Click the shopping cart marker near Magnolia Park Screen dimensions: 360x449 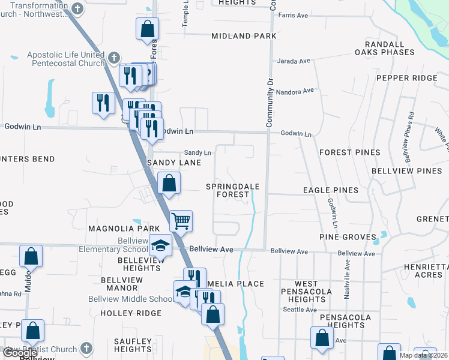[x=181, y=221]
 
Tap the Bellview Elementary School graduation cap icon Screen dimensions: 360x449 [x=161, y=245]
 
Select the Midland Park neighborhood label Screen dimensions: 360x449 [x=244, y=36]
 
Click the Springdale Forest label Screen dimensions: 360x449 [x=233, y=190]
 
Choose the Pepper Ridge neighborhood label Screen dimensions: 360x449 [x=407, y=78]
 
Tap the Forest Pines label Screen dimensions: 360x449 [x=350, y=152]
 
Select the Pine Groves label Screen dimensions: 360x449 [x=348, y=237]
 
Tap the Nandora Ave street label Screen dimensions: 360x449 [x=295, y=91]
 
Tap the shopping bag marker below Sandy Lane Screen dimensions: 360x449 [x=169, y=182]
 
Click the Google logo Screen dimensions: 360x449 [x=20, y=353]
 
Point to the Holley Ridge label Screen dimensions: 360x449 [x=131, y=313]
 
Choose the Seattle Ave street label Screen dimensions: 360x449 [x=300, y=310]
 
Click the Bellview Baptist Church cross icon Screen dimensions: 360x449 [x=86, y=349]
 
